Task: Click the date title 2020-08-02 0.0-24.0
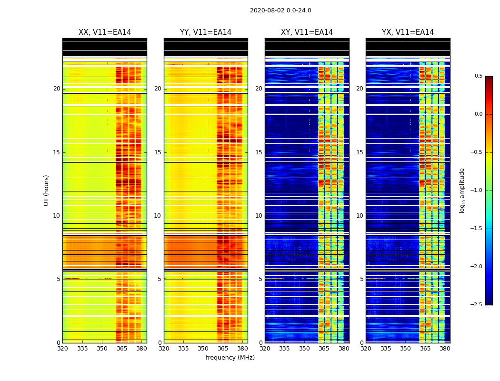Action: tap(280, 10)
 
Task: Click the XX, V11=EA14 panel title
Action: tap(105, 32)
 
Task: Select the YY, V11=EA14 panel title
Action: tap(206, 32)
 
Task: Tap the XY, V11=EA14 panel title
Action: tap(307, 32)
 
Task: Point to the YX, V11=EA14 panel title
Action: tap(408, 32)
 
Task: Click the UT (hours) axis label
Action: tap(47, 190)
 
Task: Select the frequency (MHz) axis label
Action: tap(230, 358)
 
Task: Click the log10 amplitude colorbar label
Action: tap(462, 190)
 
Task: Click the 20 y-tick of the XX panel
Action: tap(57, 89)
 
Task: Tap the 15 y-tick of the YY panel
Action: tap(158, 152)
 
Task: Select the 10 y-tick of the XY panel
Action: tap(259, 216)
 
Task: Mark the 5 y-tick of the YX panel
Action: tap(362, 279)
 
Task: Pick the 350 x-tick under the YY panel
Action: tap(203, 349)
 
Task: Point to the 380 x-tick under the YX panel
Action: tap(445, 349)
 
